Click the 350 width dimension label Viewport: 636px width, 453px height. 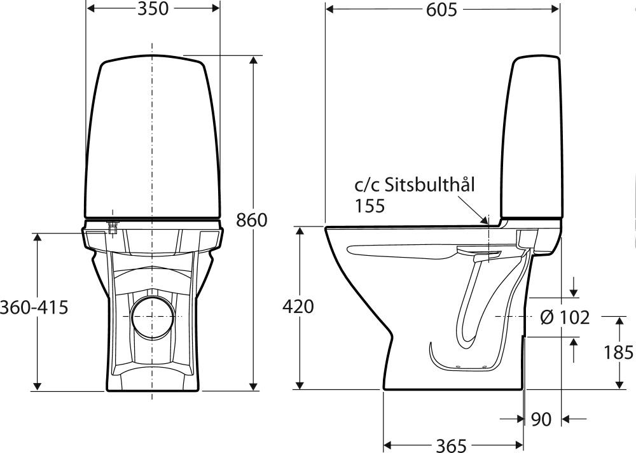tap(153, 9)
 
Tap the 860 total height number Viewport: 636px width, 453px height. tap(252, 220)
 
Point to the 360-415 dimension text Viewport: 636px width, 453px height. tap(34, 307)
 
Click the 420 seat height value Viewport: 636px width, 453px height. tap(298, 307)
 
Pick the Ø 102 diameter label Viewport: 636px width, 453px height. tap(565, 317)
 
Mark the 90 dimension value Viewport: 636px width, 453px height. tap(541, 419)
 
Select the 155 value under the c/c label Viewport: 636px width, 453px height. tap(370, 206)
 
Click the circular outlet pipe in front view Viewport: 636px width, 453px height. tap(153, 317)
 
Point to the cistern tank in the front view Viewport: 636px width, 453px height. tap(153, 137)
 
